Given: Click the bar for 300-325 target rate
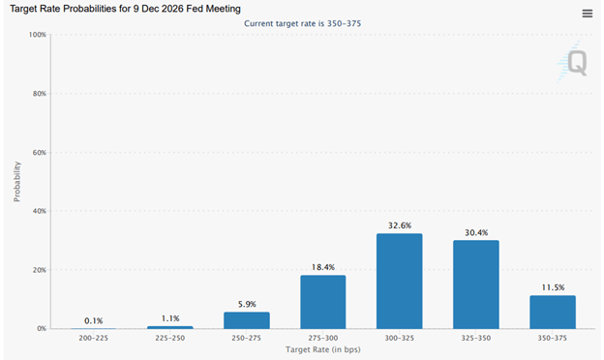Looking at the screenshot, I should click(400, 282).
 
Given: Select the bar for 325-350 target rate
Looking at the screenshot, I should click(476, 285).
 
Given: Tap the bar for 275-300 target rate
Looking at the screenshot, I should click(322, 302).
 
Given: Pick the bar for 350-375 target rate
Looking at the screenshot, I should click(553, 312).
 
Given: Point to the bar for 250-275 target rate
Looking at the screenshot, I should click(247, 320).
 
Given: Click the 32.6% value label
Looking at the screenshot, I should click(400, 225).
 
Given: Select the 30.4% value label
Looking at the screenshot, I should click(476, 232).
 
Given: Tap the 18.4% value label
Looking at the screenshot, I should click(322, 267).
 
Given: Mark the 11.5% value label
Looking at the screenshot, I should click(553, 287).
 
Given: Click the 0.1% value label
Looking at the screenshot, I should click(94, 320).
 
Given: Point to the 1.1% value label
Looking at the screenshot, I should click(170, 317).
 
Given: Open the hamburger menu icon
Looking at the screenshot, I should click(588, 14).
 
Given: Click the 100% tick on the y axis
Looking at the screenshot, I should click(36, 35).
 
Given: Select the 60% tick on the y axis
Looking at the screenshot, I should click(38, 153).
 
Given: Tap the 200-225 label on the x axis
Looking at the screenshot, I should click(94, 338).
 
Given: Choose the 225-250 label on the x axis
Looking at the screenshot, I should click(170, 338).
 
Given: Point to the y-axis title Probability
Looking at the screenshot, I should click(17, 181).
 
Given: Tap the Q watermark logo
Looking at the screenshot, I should click(575, 62).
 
